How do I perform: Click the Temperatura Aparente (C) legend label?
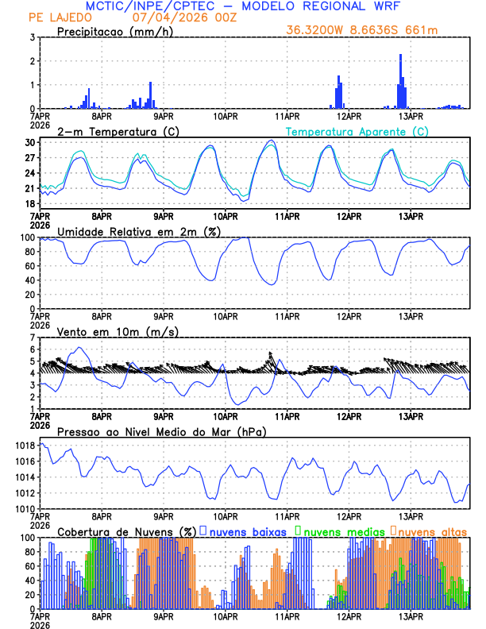pyautogui.click(x=357, y=131)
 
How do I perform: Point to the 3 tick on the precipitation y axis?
pyautogui.click(x=32, y=37)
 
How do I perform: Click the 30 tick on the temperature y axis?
pyautogui.click(x=29, y=142)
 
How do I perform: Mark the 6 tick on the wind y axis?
pyautogui.click(x=32, y=349)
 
